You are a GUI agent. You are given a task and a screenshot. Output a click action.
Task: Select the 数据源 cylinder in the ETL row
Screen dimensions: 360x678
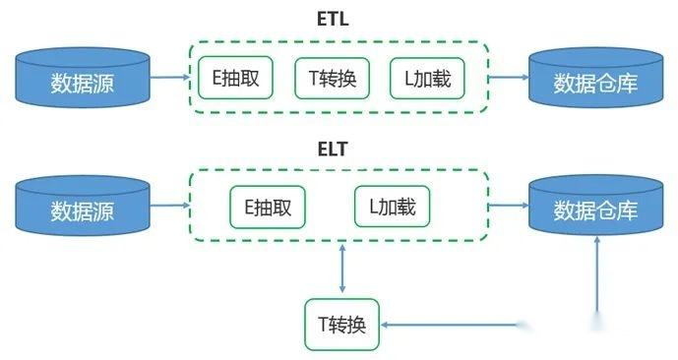83,80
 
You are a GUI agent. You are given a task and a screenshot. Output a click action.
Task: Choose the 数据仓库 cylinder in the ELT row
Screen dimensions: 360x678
595,209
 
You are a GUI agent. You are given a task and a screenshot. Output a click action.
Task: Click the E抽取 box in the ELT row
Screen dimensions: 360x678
267,207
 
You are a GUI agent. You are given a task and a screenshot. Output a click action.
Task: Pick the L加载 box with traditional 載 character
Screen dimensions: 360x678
392,207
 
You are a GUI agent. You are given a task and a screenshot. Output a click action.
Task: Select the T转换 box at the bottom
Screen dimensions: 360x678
341,325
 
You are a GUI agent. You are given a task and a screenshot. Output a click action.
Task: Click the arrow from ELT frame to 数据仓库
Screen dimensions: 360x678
508,206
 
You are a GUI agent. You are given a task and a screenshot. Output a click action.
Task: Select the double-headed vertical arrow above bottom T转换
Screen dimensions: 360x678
341,269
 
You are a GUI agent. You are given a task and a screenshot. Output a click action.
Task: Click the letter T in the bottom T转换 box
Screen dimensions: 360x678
323,325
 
